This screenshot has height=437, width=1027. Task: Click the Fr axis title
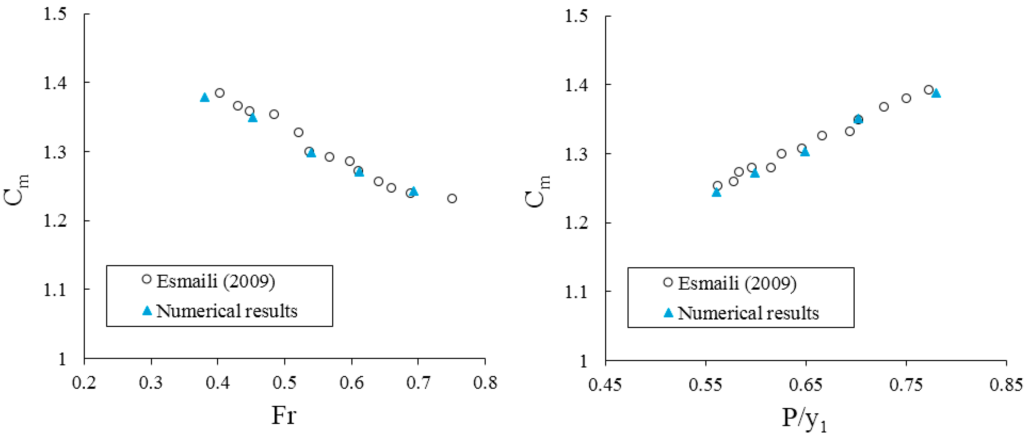284,415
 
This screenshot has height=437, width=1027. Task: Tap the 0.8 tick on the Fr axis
485,383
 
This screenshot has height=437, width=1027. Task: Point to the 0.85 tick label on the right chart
1005,385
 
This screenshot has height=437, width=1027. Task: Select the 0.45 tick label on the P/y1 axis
605,385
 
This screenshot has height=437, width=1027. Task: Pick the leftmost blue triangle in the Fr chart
205,97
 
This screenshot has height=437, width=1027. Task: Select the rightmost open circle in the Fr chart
452,198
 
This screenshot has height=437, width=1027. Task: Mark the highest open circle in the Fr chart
220,93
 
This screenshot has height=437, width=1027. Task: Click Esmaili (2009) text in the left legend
216,281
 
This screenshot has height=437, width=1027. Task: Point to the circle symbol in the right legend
668,282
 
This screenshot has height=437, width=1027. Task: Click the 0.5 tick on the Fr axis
284,383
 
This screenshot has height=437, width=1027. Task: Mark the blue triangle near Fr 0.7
414,191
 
